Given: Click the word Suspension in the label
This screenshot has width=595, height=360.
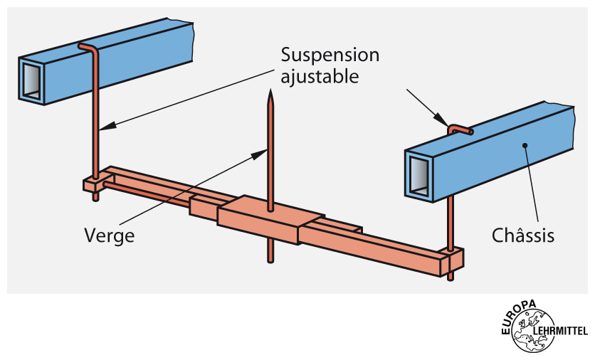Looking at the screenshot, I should pos(330,55).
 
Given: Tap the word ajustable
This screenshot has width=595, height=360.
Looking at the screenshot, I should pos(320,76).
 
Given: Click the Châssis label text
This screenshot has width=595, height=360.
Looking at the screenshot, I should pos(524,234).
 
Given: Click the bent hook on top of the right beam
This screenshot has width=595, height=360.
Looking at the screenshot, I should pos(459,129).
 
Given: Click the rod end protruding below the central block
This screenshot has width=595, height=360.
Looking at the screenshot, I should pos(270,252).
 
